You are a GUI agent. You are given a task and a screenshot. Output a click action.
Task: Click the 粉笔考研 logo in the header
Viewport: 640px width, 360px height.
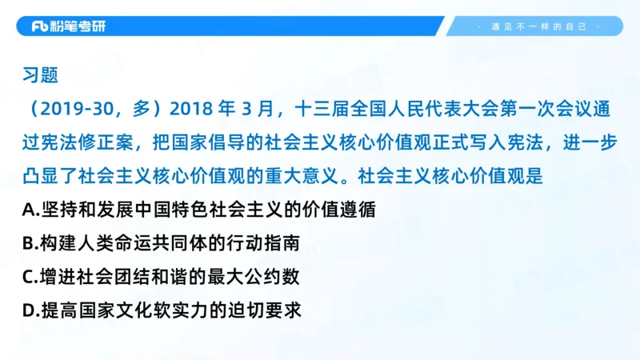click(x=68, y=26)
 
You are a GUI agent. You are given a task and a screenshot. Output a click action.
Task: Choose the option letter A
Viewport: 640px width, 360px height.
click(x=29, y=210)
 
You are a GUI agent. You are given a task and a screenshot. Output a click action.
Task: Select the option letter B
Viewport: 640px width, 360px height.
click(x=29, y=243)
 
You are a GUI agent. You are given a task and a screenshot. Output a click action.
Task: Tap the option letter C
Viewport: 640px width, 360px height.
click(x=29, y=277)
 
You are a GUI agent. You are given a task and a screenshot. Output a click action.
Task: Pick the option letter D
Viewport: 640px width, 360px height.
click(x=29, y=310)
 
